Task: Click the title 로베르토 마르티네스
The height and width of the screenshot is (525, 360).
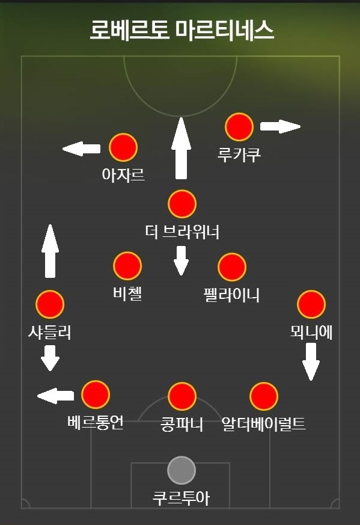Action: (x=182, y=30)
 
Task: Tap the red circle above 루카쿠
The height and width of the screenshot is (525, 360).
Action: (x=239, y=127)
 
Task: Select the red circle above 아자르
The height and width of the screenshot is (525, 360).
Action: (x=123, y=147)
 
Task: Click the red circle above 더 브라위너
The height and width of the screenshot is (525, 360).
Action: (x=182, y=204)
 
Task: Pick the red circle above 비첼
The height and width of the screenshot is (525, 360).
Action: (x=127, y=266)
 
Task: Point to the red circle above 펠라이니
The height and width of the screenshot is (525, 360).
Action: (x=232, y=267)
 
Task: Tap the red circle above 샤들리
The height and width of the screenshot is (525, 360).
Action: (x=50, y=304)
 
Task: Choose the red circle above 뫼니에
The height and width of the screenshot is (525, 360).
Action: (x=311, y=304)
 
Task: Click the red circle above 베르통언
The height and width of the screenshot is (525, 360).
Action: (x=96, y=395)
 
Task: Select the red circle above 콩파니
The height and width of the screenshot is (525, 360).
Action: (x=182, y=396)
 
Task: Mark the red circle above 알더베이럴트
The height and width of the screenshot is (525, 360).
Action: (x=264, y=396)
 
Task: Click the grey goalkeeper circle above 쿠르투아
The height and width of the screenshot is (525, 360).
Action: (x=182, y=470)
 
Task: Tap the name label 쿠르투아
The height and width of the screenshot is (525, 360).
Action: (x=182, y=498)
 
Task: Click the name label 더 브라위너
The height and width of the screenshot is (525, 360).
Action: (x=182, y=232)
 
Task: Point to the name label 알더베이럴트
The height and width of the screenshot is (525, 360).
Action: (x=264, y=423)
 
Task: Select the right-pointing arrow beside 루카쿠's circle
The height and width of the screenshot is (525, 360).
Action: (x=281, y=126)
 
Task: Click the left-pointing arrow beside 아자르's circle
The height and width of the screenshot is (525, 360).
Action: (x=81, y=149)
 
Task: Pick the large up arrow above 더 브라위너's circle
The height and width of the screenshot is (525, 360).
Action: (x=181, y=148)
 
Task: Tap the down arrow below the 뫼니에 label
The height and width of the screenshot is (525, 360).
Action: (x=311, y=362)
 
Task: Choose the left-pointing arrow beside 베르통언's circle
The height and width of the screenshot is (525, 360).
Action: (x=55, y=396)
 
